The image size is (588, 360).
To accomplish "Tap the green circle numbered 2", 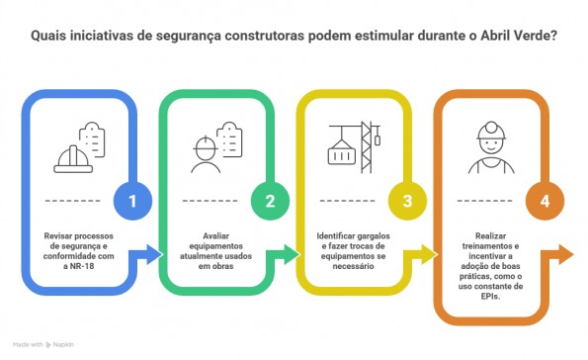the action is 270,201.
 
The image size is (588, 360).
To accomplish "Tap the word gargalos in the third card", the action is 377,236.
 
